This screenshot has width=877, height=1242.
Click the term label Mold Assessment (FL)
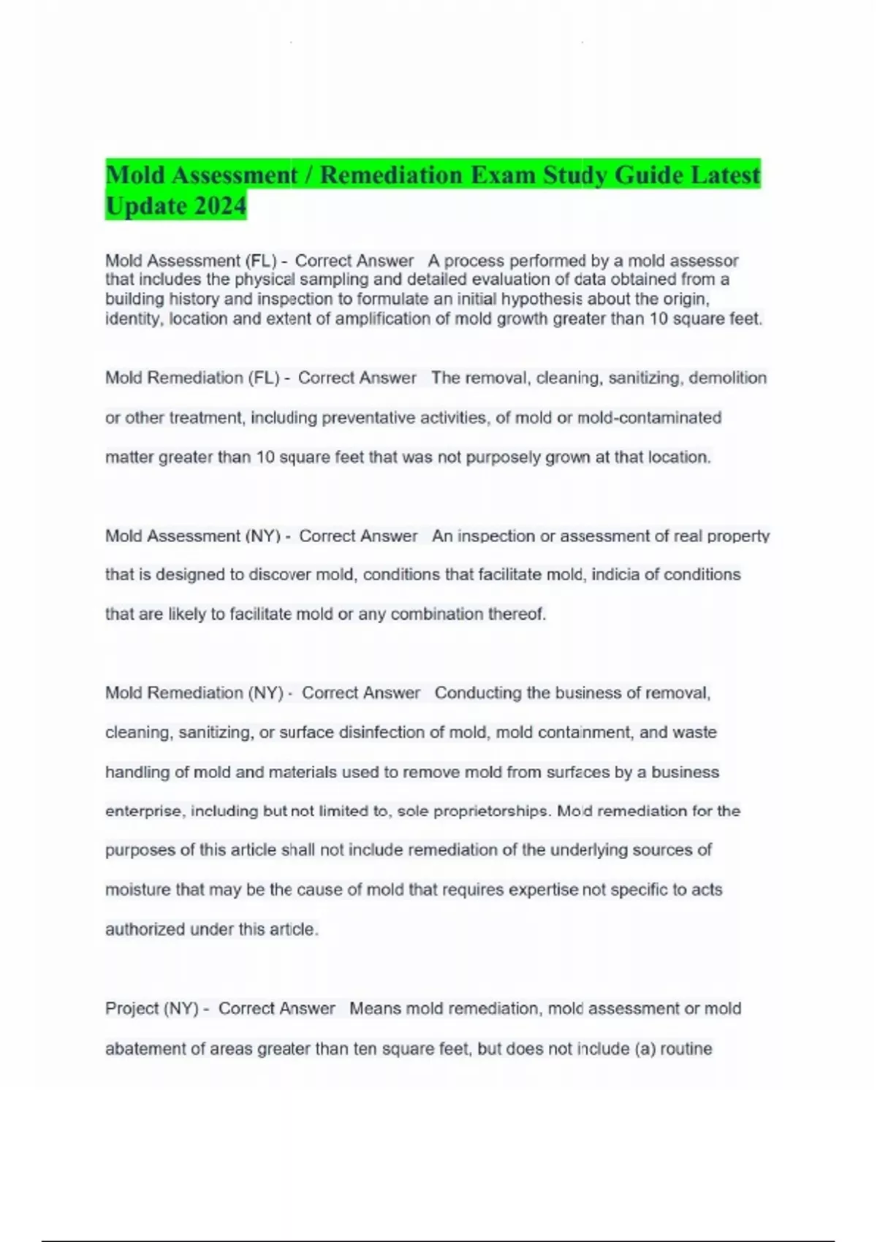tap(191, 261)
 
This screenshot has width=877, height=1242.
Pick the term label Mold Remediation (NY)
tap(194, 693)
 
